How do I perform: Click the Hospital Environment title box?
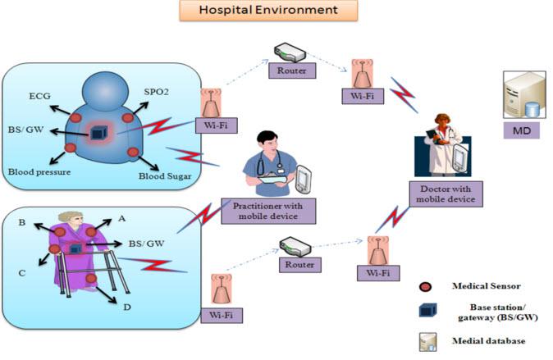pyautogui.click(x=268, y=10)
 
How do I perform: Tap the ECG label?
pyautogui.click(x=40, y=96)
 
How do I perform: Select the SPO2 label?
pyautogui.click(x=156, y=92)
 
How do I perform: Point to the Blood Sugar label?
pyautogui.click(x=165, y=176)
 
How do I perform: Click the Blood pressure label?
pyautogui.click(x=39, y=172)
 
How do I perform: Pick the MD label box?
pyautogui.click(x=522, y=131)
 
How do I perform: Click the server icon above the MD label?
pyautogui.click(x=525, y=94)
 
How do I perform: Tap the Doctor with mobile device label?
pyautogui.click(x=446, y=194)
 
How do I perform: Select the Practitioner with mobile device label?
pyautogui.click(x=268, y=211)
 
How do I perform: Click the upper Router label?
pyautogui.click(x=292, y=71)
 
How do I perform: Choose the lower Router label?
pyautogui.click(x=299, y=264)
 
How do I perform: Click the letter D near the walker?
pyautogui.click(x=127, y=308)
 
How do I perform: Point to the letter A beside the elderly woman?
pyautogui.click(x=121, y=219)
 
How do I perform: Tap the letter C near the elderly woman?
pyautogui.click(x=22, y=273)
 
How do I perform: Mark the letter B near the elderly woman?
pyautogui.click(x=22, y=222)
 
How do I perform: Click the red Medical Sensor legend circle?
pyautogui.click(x=425, y=287)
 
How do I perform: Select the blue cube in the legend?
pyautogui.click(x=427, y=310)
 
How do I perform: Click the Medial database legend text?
pyautogui.click(x=488, y=341)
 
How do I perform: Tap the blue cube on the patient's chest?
pyautogui.click(x=98, y=133)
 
